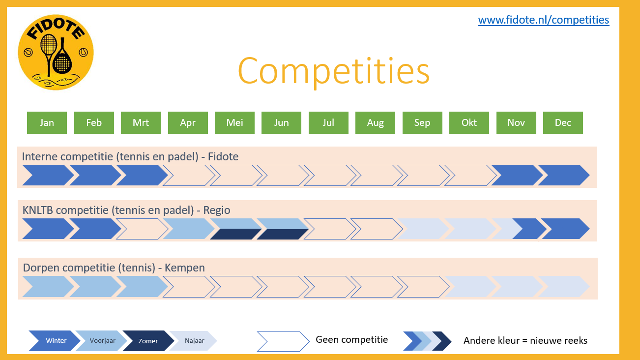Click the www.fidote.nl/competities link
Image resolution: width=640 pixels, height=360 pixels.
click(544, 20)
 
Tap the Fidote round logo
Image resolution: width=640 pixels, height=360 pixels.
click(56, 52)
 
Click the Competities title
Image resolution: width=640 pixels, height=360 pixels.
click(333, 71)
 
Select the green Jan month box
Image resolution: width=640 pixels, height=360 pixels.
click(47, 122)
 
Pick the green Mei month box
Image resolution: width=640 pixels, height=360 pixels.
click(234, 122)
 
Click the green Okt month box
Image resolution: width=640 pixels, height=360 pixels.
click(469, 122)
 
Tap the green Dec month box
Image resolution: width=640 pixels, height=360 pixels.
click(563, 122)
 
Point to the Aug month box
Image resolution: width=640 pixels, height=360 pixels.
click(375, 122)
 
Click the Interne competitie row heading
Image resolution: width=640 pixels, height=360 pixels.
click(130, 157)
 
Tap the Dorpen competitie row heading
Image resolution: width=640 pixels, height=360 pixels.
click(114, 268)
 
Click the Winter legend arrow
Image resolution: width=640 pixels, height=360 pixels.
click(55, 340)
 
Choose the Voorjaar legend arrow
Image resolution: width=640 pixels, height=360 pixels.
click(101, 340)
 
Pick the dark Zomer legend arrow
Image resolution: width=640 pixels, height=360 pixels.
click(148, 340)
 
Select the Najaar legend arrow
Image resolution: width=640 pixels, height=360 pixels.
click(194, 340)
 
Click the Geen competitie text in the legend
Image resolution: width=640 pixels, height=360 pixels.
click(352, 340)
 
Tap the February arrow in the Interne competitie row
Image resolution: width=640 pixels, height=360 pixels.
click(95, 175)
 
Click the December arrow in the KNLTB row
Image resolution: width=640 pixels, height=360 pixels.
click(565, 229)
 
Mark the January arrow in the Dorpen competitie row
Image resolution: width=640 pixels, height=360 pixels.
click(48, 287)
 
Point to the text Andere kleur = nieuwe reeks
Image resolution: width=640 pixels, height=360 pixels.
click(525, 340)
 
